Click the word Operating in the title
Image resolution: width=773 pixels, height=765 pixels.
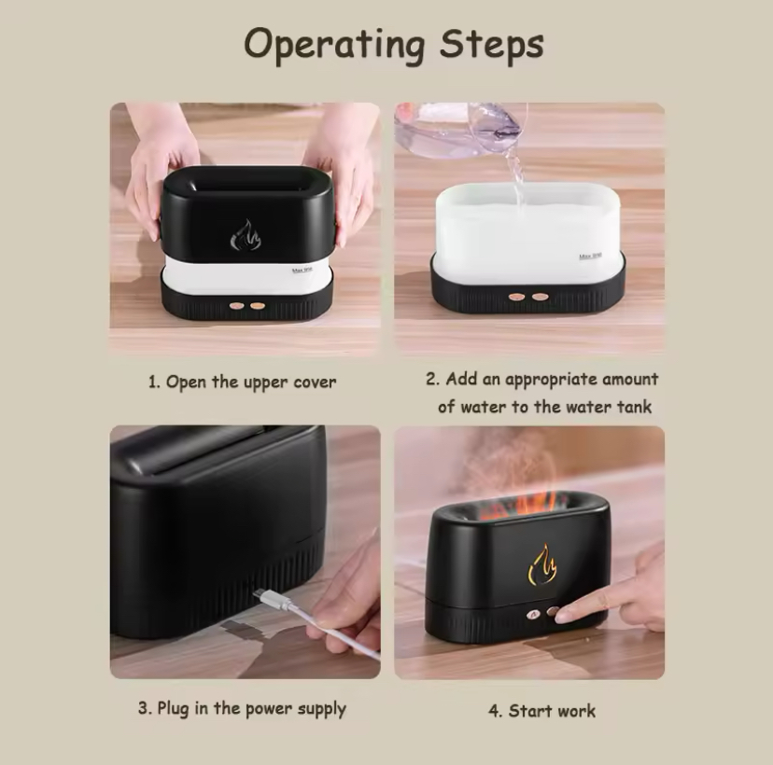coord(334,46)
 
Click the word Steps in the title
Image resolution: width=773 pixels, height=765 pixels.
coord(491,45)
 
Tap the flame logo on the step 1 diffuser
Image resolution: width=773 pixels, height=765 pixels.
coord(246,235)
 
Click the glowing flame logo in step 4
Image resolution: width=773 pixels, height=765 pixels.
coord(542,564)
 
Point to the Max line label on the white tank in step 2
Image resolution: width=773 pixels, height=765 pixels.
coord(590,257)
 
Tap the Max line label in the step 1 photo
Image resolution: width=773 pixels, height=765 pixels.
coord(302,270)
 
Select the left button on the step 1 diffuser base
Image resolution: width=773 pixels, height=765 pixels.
coord(236,306)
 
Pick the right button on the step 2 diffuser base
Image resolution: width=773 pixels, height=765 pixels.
coord(540,297)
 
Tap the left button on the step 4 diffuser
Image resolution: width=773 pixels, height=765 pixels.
coord(533,614)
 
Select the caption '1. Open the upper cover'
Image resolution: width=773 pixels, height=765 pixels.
coord(242,382)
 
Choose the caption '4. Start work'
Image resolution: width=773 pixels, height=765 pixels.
coord(541,711)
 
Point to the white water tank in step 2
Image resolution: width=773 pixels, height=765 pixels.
coord(527,231)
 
